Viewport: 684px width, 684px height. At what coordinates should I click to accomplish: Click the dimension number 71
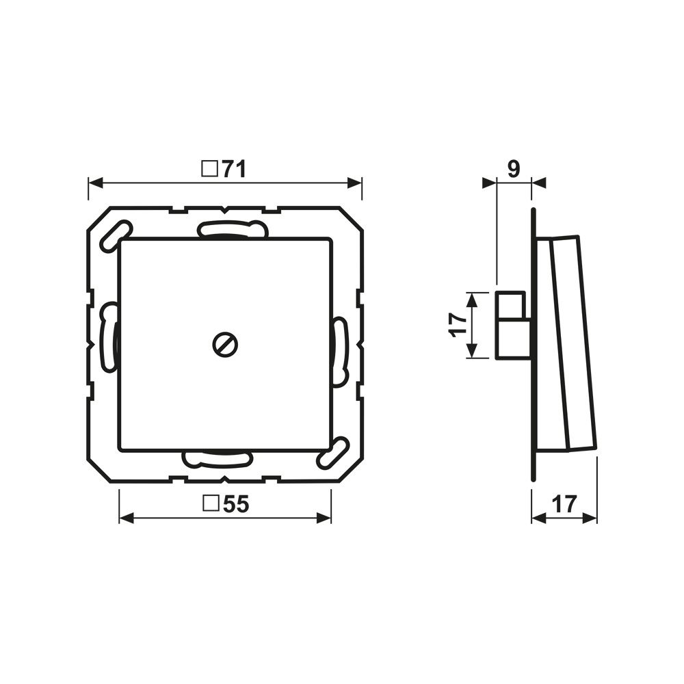point(234,169)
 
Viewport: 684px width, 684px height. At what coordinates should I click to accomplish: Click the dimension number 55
point(235,504)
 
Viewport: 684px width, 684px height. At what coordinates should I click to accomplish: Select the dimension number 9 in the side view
point(514,169)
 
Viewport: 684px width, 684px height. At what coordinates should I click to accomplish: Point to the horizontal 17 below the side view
point(564,504)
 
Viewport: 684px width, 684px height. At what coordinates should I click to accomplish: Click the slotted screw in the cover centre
point(225,345)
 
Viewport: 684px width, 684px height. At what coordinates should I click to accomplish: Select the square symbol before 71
point(209,169)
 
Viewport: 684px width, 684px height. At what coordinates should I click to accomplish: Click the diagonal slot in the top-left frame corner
point(116,237)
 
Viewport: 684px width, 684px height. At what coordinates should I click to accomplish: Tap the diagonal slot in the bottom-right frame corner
point(334,453)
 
